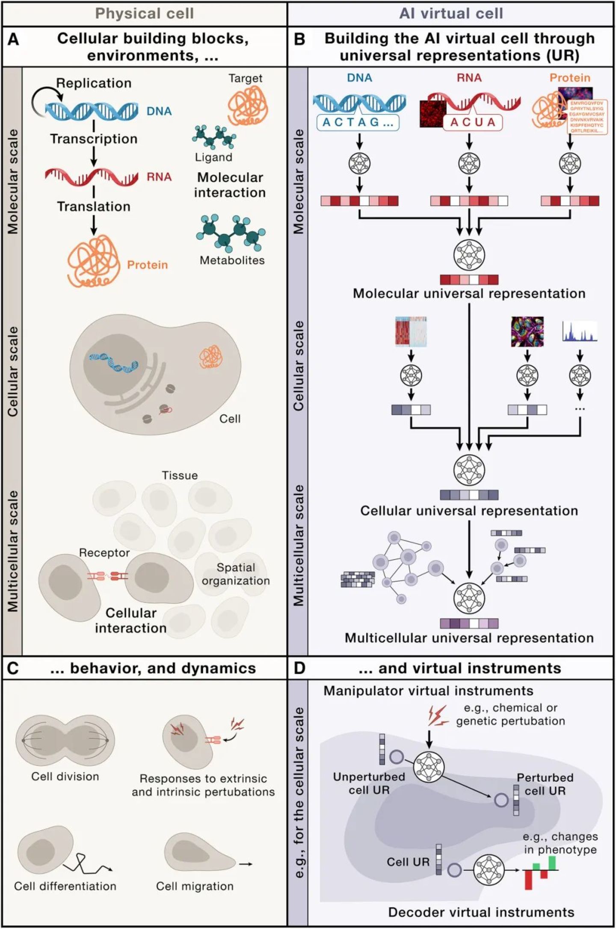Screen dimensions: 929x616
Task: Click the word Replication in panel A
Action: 94,83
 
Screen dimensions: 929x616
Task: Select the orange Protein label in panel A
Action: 147,265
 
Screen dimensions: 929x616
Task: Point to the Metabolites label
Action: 232,260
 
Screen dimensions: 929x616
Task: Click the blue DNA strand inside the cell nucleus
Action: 113,362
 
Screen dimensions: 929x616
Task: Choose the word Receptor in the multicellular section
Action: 104,553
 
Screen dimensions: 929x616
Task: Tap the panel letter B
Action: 299,39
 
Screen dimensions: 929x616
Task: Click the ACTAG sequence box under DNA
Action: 358,122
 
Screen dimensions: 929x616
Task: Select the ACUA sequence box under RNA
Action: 473,122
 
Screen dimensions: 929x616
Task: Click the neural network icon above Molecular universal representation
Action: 469,255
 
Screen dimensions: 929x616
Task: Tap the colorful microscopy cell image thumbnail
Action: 527,331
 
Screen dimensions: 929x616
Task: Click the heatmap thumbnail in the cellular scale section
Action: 411,331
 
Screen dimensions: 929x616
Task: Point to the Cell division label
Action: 65,777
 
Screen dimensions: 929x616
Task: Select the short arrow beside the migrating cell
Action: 246,864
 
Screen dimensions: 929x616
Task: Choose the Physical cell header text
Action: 144,14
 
